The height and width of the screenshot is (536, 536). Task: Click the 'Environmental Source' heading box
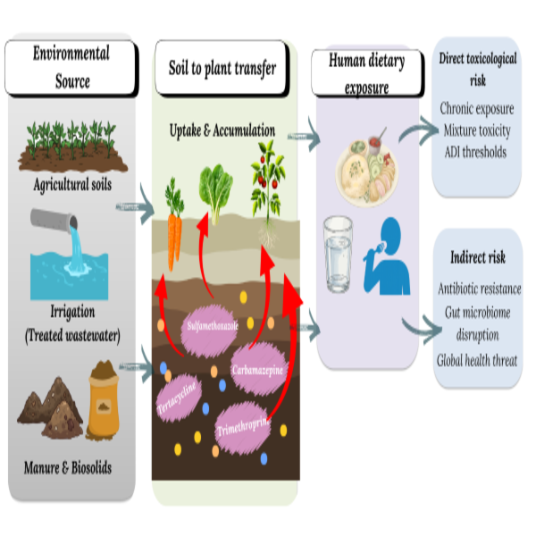pyautogui.click(x=71, y=68)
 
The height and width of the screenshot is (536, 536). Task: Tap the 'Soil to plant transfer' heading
pyautogui.click(x=222, y=68)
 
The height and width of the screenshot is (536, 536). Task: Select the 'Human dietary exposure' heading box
pyautogui.click(x=367, y=73)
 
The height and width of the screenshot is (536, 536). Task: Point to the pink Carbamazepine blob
pyautogui.click(x=258, y=369)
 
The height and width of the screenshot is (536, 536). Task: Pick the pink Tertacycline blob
pyautogui.click(x=178, y=398)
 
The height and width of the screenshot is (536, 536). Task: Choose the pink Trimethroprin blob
pyautogui.click(x=243, y=427)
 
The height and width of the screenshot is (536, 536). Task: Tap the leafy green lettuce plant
pyautogui.click(x=215, y=194)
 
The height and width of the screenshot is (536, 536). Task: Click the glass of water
pyautogui.click(x=338, y=254)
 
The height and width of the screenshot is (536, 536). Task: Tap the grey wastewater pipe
pyautogui.click(x=54, y=220)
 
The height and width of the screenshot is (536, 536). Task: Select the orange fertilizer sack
pyautogui.click(x=104, y=400)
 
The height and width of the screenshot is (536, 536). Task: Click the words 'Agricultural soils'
pyautogui.click(x=72, y=185)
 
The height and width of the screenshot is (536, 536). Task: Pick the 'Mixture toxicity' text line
pyautogui.click(x=477, y=130)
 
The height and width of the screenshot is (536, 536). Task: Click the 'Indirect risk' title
pyautogui.click(x=478, y=257)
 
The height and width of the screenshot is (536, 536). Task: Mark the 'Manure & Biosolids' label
pyautogui.click(x=68, y=467)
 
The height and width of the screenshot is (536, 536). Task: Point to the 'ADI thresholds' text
pyautogui.click(x=475, y=152)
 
